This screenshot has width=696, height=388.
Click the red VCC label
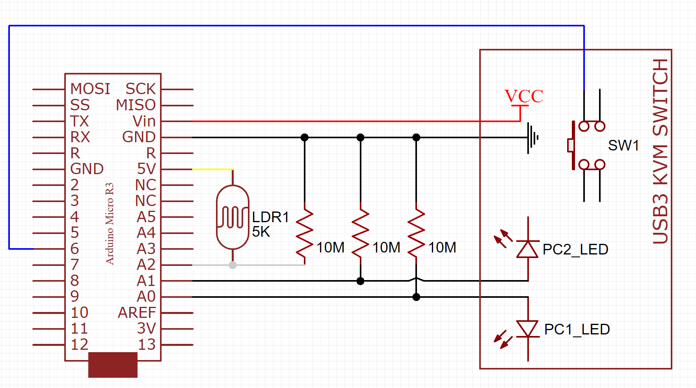[524, 97]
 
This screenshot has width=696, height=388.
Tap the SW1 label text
[623, 146]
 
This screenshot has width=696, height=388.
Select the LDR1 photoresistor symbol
[233, 217]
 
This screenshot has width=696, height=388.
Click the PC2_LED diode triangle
[528, 249]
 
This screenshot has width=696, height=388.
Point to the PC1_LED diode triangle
[528, 329]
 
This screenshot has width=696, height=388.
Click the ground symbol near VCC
[532, 138]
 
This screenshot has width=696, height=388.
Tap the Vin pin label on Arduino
[144, 121]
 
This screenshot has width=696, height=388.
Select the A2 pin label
[146, 265]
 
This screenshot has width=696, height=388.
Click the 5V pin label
[146, 169]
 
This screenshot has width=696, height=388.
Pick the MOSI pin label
[90, 89]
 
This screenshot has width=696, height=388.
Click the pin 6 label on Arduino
[74, 249]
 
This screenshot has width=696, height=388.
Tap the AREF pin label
[137, 313]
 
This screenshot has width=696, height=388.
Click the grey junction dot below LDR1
[233, 265]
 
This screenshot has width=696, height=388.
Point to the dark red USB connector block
[113, 365]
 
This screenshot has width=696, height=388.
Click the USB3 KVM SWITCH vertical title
[661, 152]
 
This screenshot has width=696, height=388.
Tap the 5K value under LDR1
[261, 232]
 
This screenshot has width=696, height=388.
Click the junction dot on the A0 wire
[416, 297]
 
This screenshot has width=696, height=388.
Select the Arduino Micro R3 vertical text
[110, 223]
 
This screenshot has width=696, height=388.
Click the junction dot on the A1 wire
[360, 281]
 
